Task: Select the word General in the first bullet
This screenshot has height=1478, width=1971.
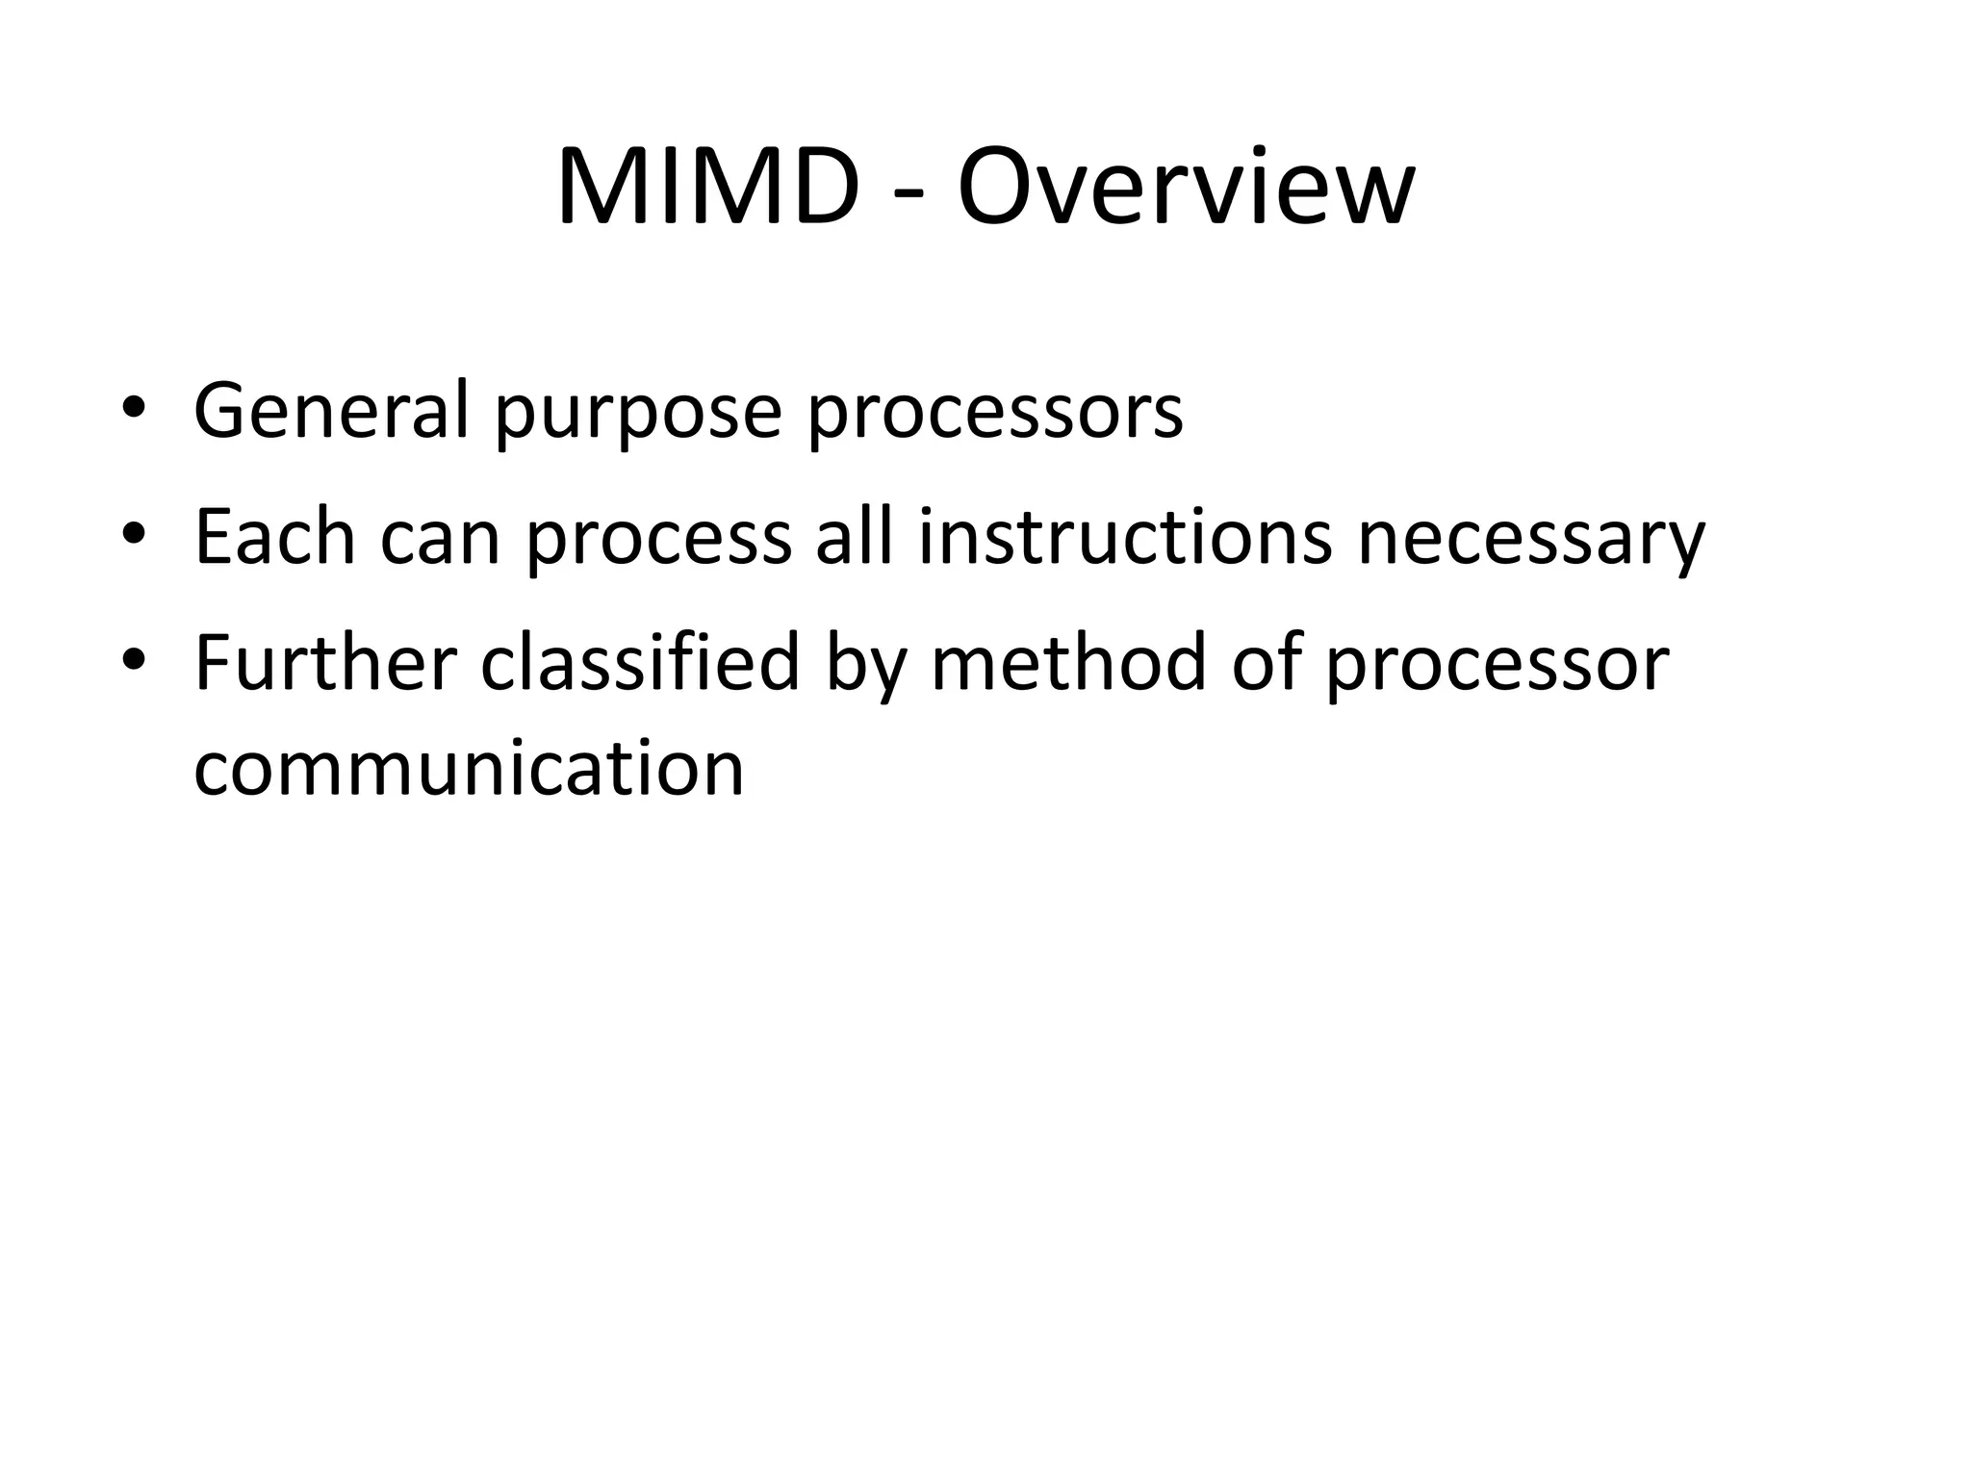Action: coord(331,411)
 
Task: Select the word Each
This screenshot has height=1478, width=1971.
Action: coord(274,537)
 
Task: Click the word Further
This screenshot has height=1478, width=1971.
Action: coord(325,663)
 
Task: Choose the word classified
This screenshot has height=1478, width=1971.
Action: coord(640,663)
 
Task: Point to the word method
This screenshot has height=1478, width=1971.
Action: coord(1068,663)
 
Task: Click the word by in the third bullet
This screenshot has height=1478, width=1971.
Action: coord(866,667)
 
